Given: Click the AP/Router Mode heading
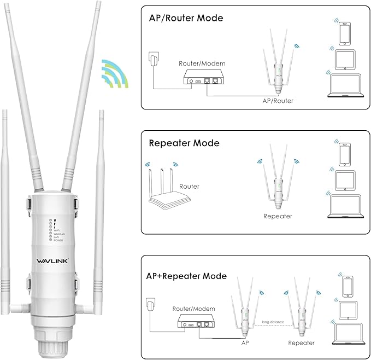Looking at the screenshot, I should click(186, 18).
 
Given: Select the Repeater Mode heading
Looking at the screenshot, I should click(184, 143).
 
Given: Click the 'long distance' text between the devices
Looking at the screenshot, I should click(273, 322).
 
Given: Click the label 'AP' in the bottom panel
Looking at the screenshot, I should click(245, 343).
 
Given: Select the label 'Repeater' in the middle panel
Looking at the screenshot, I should click(278, 216).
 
